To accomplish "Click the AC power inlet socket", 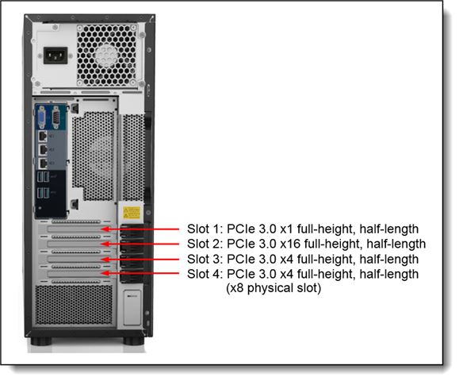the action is tap(55, 56).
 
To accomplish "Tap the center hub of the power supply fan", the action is tap(106, 56).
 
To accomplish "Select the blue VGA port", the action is tap(42, 117).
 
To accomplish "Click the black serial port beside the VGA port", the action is tap(55, 117).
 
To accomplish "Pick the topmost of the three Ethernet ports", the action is tap(43, 137).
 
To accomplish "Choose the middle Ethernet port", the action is tap(43, 150).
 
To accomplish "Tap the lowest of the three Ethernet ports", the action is tap(43, 164).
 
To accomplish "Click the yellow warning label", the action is tap(132, 212).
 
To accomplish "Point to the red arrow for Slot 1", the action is tap(140, 229).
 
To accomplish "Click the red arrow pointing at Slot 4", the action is tap(140, 273).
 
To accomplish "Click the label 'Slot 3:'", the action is tap(205, 259).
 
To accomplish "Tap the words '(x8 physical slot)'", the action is tap(273, 288).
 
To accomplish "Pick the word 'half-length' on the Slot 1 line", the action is tap(389, 229).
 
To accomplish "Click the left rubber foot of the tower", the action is tap(41, 341).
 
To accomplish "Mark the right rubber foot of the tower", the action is tap(133, 341).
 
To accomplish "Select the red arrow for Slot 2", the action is tap(140, 244).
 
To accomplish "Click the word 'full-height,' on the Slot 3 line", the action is tap(326, 259).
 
